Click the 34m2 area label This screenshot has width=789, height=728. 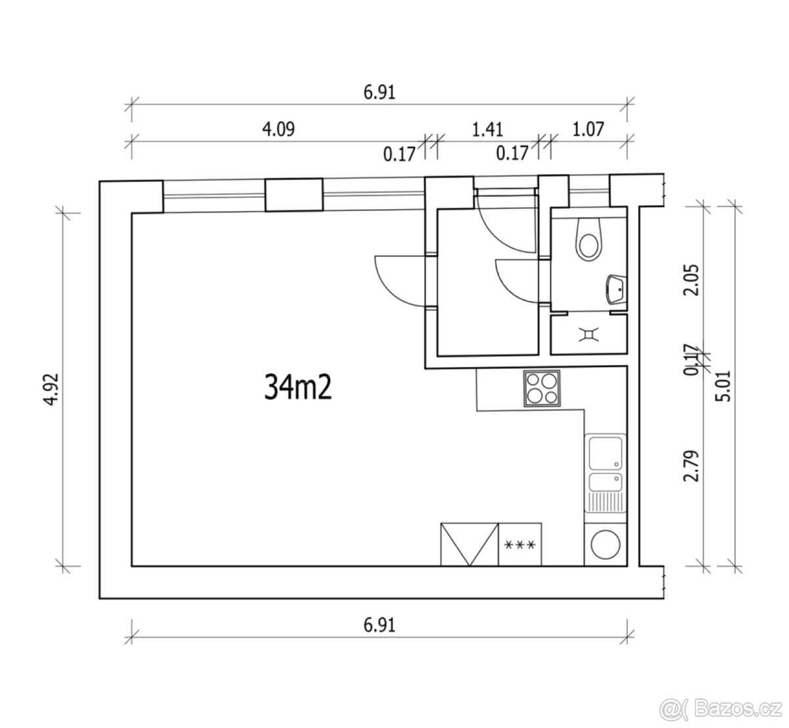[x=298, y=387]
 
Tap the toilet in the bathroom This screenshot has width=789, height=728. [x=588, y=239]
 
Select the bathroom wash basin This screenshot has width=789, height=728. [x=616, y=289]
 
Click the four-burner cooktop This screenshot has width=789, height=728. [x=542, y=388]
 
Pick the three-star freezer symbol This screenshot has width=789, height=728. [x=519, y=544]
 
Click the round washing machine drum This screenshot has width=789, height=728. [x=606, y=545]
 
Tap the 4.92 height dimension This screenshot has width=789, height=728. [x=51, y=389]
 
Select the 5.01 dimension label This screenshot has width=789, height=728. [x=723, y=386]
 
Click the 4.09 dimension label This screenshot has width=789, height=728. [x=279, y=130]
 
